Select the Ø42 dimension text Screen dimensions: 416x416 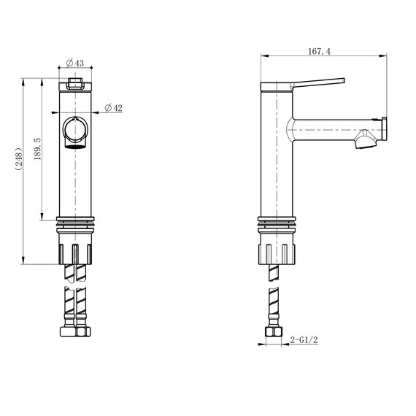click(x=113, y=108)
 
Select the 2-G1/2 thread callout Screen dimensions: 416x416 click(x=304, y=339)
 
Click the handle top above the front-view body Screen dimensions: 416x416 click(x=75, y=85)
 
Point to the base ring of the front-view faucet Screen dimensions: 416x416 click(x=75, y=220)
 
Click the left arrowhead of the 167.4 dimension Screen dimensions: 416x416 click(x=263, y=55)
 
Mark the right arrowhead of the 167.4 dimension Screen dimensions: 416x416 click(x=385, y=55)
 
